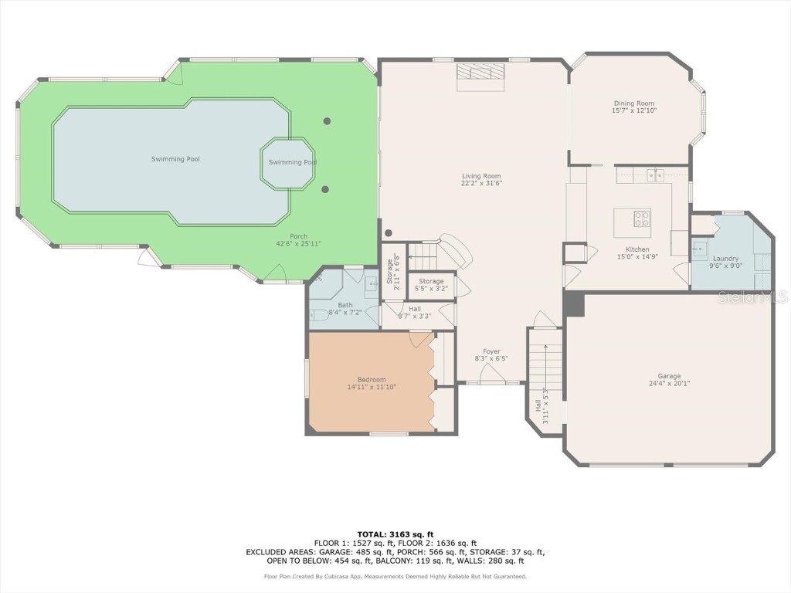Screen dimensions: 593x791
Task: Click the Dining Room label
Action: [633, 103]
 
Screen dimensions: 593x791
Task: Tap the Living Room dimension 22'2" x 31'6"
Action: [481, 183]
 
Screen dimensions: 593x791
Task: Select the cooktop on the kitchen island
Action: [642, 219]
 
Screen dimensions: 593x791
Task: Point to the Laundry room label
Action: [725, 259]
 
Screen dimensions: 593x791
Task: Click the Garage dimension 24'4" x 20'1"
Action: [669, 383]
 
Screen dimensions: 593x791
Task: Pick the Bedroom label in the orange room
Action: [372, 379]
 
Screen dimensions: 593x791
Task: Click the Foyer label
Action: [491, 351]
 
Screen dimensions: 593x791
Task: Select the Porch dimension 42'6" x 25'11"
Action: [298, 243]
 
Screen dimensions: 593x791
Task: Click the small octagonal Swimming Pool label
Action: [292, 162]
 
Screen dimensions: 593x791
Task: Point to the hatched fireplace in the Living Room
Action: [480, 76]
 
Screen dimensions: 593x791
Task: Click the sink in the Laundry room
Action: [699, 248]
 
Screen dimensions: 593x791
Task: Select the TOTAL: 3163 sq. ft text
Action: [395, 534]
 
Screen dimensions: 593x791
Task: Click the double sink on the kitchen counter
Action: [655, 175]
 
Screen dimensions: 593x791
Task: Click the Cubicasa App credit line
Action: [395, 576]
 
